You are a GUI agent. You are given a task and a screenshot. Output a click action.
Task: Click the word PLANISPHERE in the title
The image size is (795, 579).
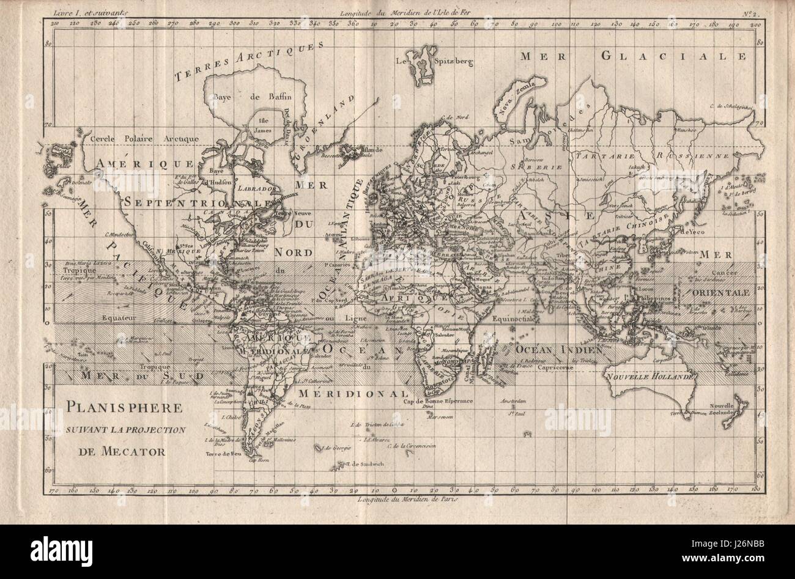coord(119,408)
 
